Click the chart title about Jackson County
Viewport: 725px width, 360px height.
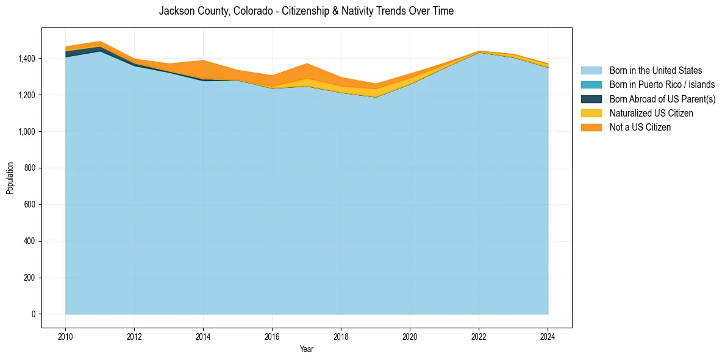(x=306, y=11)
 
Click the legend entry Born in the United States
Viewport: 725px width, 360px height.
(x=655, y=71)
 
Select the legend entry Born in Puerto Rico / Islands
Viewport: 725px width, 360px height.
(x=662, y=85)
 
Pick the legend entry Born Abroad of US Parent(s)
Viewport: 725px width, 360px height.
(x=662, y=99)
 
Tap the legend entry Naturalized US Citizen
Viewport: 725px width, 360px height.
(x=651, y=113)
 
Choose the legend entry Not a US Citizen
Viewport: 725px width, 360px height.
(x=640, y=127)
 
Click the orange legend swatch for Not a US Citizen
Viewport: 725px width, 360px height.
(x=591, y=127)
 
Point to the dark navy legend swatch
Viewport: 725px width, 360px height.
(x=591, y=99)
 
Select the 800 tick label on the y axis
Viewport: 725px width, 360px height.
(x=29, y=168)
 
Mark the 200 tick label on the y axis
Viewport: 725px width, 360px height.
(x=29, y=278)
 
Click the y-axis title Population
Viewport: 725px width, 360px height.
(x=10, y=178)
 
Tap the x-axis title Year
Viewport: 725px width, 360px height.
(x=307, y=349)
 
